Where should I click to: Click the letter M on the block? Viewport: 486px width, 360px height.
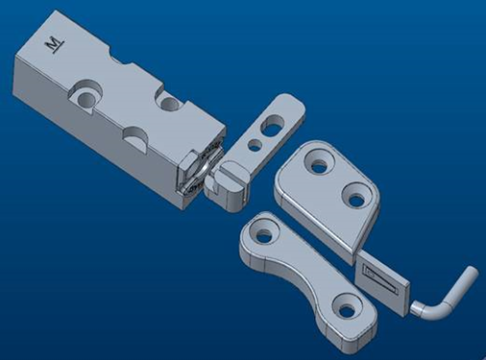[x=55, y=44]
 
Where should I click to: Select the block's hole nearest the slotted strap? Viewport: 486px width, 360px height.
[x=169, y=102]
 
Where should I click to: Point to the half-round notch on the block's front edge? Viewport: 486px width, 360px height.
[x=135, y=137]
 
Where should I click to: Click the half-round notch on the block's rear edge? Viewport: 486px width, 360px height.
[x=121, y=58]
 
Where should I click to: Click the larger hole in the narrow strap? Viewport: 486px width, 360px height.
[x=273, y=124]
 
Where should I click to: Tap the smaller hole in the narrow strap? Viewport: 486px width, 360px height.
[x=255, y=145]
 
